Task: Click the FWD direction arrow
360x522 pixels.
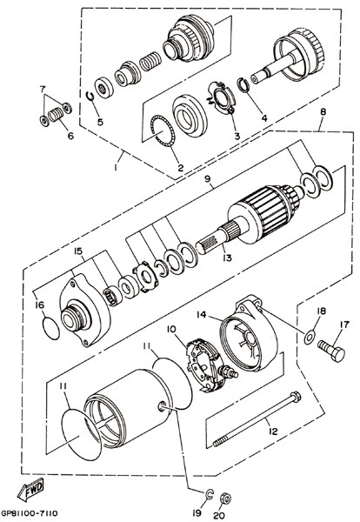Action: [x=30, y=489]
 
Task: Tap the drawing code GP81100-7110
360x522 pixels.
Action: [x=30, y=513]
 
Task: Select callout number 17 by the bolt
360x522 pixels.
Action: [x=344, y=325]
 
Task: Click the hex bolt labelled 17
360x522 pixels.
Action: [x=331, y=350]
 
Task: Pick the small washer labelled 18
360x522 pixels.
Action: [x=310, y=338]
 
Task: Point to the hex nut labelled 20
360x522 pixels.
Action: [x=225, y=499]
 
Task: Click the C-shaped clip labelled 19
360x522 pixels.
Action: [x=209, y=495]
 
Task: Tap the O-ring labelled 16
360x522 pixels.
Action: [x=51, y=328]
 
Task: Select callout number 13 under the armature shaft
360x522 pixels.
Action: [x=227, y=258]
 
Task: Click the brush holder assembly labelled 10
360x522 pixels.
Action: [x=210, y=365]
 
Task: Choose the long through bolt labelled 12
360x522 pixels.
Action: [x=257, y=419]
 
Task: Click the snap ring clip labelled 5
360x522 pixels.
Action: [x=90, y=96]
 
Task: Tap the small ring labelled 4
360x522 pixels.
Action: [x=244, y=85]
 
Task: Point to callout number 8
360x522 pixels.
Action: [x=323, y=112]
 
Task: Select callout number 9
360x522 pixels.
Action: [x=208, y=178]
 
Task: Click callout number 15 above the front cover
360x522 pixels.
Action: [x=78, y=251]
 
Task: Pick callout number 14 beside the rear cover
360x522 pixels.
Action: [x=201, y=314]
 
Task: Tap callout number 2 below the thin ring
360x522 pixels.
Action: [x=180, y=167]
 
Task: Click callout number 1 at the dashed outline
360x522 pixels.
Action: [x=116, y=167]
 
